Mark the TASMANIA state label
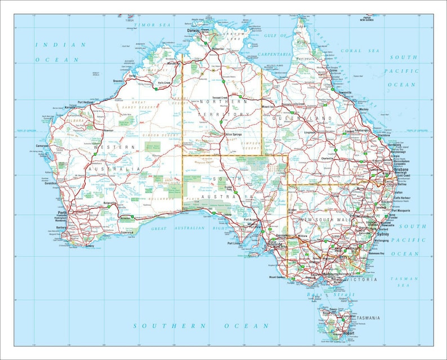(x=368, y=318)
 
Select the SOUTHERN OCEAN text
(x=202, y=326)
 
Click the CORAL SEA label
(x=351, y=51)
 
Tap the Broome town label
(x=118, y=81)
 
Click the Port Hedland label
(x=88, y=102)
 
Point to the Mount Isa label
(x=267, y=106)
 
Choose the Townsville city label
(x=345, y=92)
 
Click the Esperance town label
(x=127, y=232)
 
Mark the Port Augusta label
(x=251, y=220)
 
